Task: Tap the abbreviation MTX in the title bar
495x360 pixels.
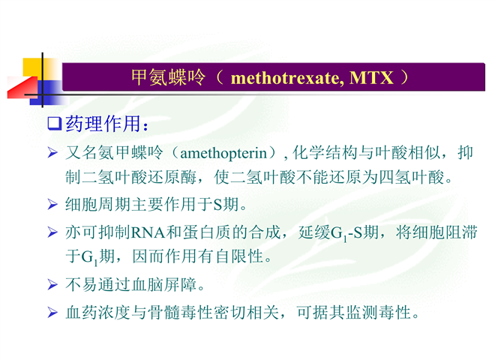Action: point(371,77)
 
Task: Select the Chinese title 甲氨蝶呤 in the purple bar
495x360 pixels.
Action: point(168,77)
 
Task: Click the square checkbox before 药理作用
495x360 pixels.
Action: point(54,124)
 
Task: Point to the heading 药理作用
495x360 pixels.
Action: point(103,124)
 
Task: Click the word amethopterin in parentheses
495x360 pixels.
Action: point(223,154)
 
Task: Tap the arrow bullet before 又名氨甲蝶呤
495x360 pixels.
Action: point(52,153)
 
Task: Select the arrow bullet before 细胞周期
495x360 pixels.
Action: point(52,204)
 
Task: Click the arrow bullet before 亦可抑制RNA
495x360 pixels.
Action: point(52,232)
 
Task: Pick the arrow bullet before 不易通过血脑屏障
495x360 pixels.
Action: point(52,284)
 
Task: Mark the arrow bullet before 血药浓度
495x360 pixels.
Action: point(52,313)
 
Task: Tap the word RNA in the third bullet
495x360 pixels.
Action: point(148,232)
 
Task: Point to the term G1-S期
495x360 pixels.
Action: point(355,233)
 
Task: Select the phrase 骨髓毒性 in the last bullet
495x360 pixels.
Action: point(181,313)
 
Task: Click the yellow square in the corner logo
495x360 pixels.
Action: point(33,67)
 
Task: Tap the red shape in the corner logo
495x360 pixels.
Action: point(22,88)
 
